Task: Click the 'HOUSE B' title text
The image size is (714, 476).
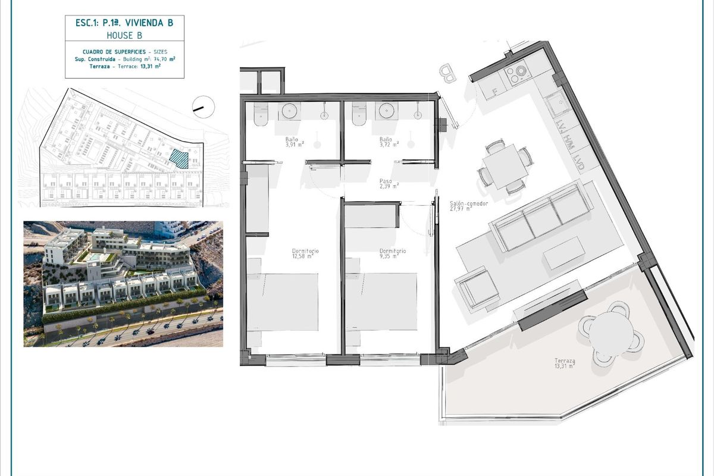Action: click(124, 36)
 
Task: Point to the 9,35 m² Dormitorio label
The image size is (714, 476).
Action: click(393, 254)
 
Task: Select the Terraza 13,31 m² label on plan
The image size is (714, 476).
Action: click(563, 364)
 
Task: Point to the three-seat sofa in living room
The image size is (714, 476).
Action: click(540, 216)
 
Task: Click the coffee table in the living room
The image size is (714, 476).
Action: click(563, 252)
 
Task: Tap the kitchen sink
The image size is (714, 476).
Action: click(558, 106)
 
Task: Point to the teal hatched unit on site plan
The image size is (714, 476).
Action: click(178, 158)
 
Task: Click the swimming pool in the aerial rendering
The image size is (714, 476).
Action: click(95, 256)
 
